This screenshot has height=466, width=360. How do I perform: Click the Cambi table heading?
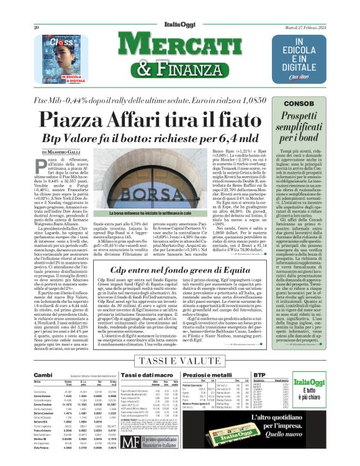[43, 375]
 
